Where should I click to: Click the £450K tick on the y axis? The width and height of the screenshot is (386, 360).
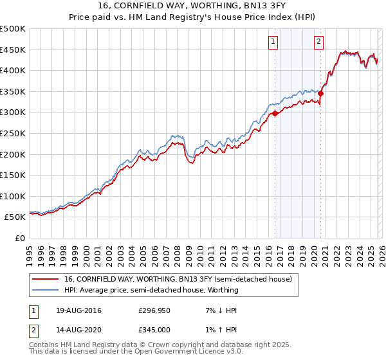click(x=13, y=50)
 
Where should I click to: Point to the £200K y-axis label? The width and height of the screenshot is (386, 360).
click(x=13, y=154)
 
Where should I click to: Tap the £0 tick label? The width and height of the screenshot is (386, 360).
click(x=21, y=239)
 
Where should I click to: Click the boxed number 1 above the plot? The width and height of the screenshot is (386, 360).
click(x=273, y=42)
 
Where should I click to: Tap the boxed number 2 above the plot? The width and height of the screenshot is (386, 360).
click(x=318, y=42)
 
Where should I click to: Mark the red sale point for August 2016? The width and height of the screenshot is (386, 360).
click(x=275, y=113)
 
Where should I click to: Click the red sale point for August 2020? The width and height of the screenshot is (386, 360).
click(x=320, y=93)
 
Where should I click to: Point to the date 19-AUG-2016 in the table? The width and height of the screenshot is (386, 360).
click(x=79, y=310)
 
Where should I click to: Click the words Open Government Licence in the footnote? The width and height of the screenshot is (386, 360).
click(x=185, y=352)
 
